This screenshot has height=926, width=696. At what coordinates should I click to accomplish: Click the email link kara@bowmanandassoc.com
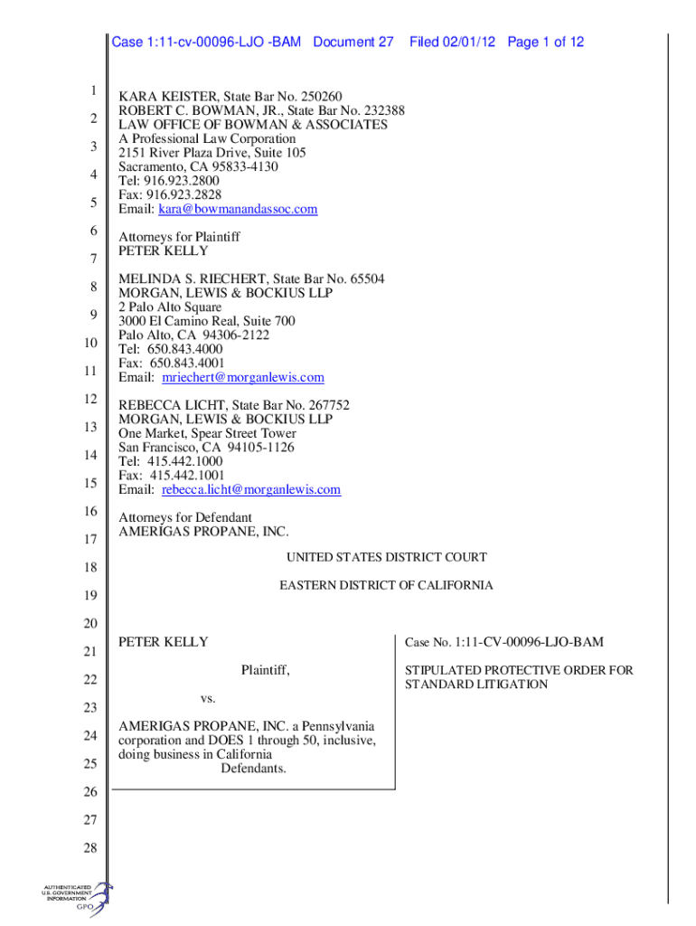click(238, 209)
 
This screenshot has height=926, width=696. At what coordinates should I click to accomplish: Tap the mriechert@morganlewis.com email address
click(242, 377)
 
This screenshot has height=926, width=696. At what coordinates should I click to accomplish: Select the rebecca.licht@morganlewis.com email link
click(251, 490)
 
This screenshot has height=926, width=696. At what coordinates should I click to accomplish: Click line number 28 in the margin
click(91, 848)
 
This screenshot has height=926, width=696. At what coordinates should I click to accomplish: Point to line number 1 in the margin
click(92, 90)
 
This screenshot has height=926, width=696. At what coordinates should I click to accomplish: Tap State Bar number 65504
click(366, 279)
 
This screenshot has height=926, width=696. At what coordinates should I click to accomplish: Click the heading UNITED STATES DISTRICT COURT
click(387, 558)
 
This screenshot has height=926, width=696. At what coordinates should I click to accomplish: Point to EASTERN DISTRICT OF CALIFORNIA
click(386, 586)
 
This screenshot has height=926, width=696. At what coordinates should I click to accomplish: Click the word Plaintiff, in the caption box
click(265, 670)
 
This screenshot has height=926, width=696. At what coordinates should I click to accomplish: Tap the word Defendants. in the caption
click(253, 769)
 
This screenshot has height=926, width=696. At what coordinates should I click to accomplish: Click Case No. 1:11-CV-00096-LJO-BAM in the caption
click(503, 642)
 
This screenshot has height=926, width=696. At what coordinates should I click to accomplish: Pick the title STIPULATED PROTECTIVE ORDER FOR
click(519, 670)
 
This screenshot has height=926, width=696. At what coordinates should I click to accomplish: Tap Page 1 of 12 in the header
click(546, 43)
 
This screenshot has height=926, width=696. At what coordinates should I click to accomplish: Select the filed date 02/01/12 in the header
click(469, 43)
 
